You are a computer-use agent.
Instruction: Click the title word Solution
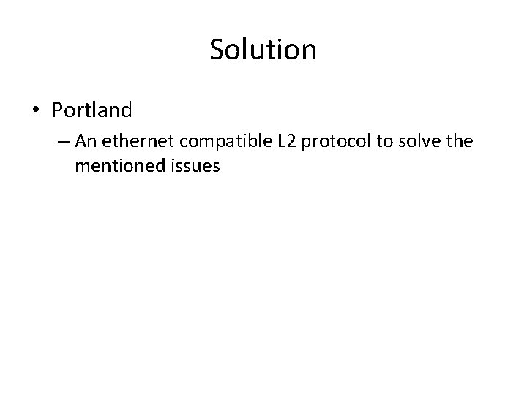point(263,50)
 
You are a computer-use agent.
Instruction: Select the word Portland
point(91,110)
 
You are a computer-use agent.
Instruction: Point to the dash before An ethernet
point(64,142)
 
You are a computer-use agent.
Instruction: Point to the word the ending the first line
point(458,141)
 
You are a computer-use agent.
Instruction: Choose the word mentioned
point(113,166)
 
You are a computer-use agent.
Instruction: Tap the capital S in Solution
point(217,50)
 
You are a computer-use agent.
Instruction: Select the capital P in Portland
point(57,110)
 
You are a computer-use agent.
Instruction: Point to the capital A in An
point(80,141)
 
